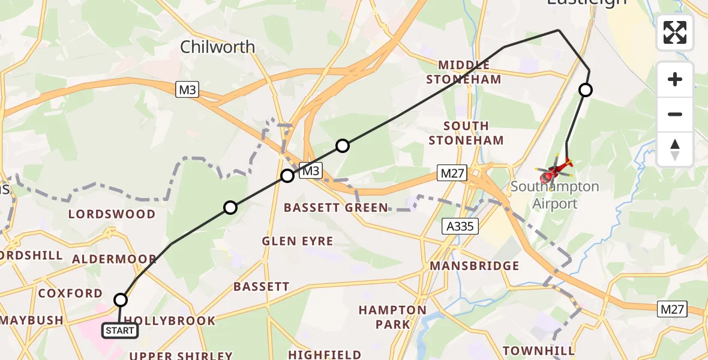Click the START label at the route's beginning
click(x=120, y=330)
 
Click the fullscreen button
click(x=675, y=32)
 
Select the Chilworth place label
click(x=217, y=47)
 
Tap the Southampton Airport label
click(x=554, y=195)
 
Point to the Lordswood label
click(x=112, y=214)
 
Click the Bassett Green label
click(x=336, y=208)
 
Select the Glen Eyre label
click(x=297, y=241)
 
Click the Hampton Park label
click(x=392, y=317)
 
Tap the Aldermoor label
click(x=114, y=259)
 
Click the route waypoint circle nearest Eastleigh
click(x=585, y=90)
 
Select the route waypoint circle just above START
click(x=121, y=300)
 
